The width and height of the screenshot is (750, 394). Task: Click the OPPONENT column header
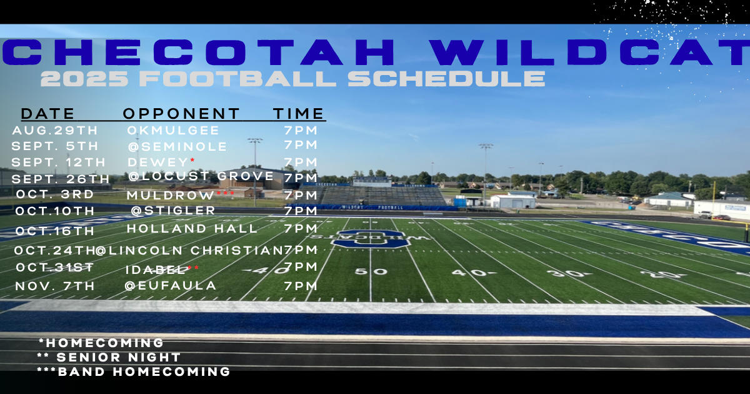181,114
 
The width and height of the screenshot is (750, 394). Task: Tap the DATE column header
47,114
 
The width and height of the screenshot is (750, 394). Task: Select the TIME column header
299,114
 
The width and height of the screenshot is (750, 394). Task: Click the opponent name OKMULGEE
173,131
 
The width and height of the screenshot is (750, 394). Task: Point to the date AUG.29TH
55,131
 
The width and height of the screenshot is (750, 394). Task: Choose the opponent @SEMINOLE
177,146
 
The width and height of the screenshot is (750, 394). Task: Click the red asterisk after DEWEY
192,161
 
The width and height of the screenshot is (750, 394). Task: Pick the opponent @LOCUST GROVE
201,176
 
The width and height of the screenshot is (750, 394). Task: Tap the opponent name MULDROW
171,195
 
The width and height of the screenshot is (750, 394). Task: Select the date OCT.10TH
54,211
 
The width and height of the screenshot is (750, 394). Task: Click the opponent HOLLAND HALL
192,229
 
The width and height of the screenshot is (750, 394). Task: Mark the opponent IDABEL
156,270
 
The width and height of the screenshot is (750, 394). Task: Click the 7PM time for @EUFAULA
301,286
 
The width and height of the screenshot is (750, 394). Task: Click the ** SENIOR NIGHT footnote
109,358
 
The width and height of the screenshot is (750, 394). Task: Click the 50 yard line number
362,271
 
